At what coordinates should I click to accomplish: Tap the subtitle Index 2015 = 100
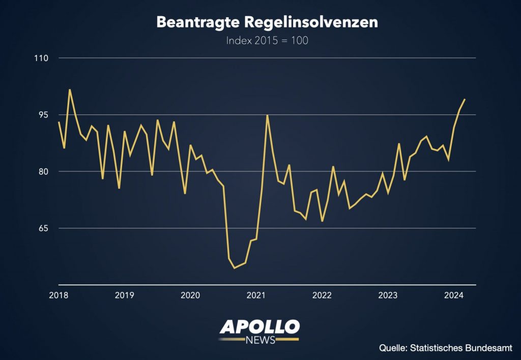click(x=267, y=41)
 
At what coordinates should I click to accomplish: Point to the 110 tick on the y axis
click(x=41, y=58)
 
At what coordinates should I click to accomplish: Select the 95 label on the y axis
click(x=43, y=115)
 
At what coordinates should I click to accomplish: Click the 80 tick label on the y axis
click(x=43, y=171)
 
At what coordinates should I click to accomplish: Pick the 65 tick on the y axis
click(x=43, y=228)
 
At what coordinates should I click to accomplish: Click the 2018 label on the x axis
click(x=59, y=295)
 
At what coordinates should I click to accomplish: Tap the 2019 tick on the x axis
click(x=124, y=295)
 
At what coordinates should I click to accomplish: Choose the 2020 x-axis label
click(x=190, y=295)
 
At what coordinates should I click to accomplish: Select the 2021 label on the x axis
click(x=256, y=295)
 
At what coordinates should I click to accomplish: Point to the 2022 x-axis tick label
click(x=322, y=295)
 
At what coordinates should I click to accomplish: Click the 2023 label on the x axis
click(x=388, y=295)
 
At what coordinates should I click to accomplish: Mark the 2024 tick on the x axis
click(x=454, y=295)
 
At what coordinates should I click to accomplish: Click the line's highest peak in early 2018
click(x=70, y=90)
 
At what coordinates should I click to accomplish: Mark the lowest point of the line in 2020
click(x=234, y=268)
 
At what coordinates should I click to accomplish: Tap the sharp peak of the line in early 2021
click(x=267, y=115)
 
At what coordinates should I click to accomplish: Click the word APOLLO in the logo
click(x=259, y=327)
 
